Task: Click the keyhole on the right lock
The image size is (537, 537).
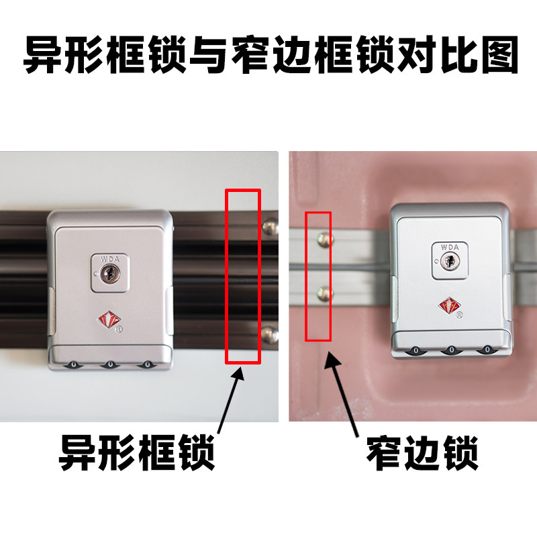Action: (x=450, y=262)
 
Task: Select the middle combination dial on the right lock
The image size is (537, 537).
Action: (x=450, y=350)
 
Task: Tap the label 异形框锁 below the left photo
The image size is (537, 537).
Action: (x=138, y=452)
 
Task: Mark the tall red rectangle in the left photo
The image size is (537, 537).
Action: (x=242, y=276)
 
